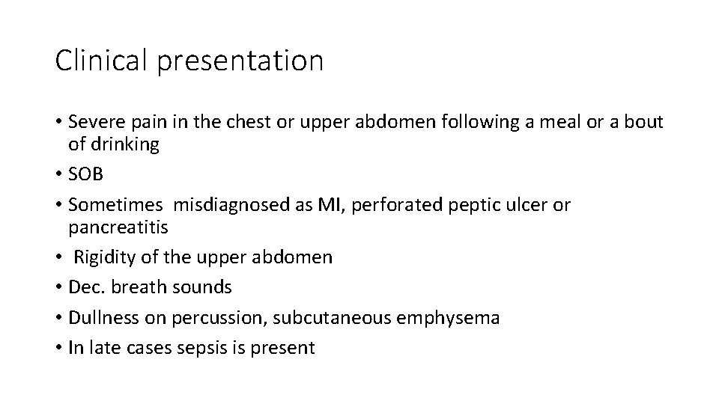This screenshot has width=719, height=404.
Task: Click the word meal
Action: pyautogui.click(x=554, y=122)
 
